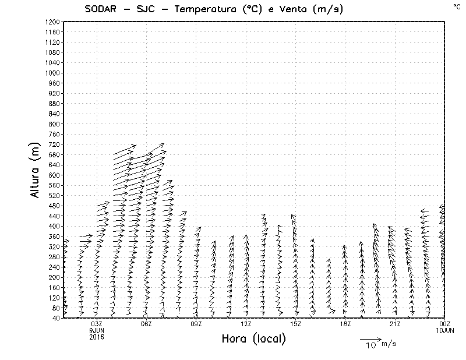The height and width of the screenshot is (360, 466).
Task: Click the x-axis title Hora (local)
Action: click(x=253, y=339)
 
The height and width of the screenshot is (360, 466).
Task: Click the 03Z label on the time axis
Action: click(x=97, y=324)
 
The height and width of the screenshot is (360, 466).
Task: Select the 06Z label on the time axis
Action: click(x=146, y=324)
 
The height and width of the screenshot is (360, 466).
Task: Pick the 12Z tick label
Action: click(x=246, y=324)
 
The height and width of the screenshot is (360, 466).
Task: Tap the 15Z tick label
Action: click(x=295, y=324)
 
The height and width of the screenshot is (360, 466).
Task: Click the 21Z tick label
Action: click(x=395, y=324)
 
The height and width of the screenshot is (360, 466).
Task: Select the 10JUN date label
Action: click(x=444, y=331)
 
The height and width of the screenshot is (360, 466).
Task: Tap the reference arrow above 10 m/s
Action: click(x=370, y=338)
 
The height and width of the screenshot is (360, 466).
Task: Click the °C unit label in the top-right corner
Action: click(x=456, y=6)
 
